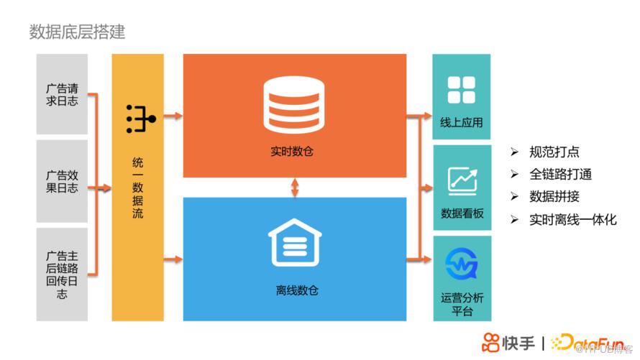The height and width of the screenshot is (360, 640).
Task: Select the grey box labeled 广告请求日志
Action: (x=62, y=94)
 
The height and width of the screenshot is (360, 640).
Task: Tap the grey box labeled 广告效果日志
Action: (x=62, y=181)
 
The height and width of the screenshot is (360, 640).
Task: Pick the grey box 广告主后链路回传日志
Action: (x=62, y=274)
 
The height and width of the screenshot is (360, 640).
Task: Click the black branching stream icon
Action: (x=136, y=119)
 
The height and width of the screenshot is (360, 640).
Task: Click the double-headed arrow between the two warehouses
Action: (x=295, y=188)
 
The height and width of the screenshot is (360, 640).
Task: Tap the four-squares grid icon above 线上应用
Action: (x=461, y=91)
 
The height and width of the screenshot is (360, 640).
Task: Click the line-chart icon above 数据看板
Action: (x=462, y=180)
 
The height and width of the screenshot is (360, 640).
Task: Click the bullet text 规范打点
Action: (x=554, y=152)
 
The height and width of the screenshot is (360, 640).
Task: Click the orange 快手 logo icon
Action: (x=490, y=341)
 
